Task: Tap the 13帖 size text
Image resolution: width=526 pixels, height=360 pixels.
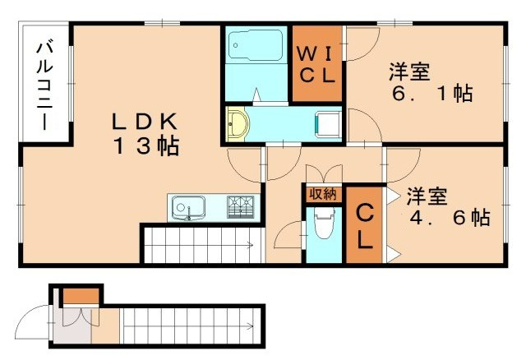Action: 146,147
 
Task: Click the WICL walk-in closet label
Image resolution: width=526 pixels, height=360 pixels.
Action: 316,65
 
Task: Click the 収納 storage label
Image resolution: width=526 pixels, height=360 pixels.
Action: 323,194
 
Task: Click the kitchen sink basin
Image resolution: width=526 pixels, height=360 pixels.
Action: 189,207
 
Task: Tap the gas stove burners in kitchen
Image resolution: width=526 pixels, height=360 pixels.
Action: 242,206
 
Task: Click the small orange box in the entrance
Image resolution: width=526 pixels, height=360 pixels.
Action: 81,294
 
